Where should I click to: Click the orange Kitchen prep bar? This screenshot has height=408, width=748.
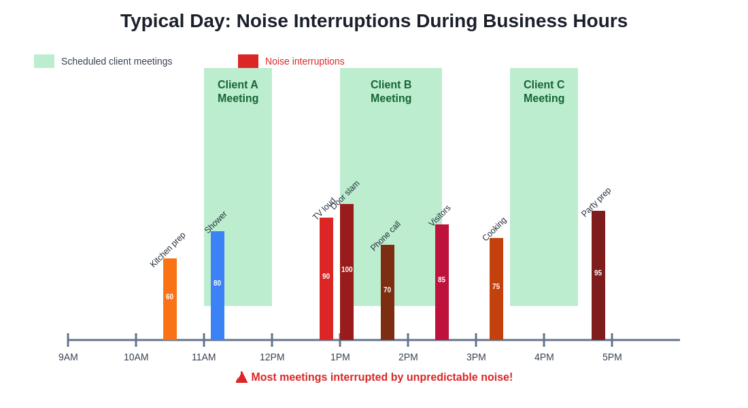[170, 299]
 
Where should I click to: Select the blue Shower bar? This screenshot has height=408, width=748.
[218, 286]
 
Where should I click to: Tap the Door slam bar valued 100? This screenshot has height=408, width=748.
[347, 272]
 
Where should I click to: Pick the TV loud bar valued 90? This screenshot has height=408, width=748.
[326, 279]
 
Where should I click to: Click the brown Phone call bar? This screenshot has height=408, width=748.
[388, 292]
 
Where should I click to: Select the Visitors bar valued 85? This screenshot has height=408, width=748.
[442, 282]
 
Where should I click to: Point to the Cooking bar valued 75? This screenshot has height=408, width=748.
[496, 289]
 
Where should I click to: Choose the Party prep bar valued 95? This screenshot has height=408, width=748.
[598, 275]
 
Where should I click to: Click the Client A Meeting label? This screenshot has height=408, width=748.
[238, 92]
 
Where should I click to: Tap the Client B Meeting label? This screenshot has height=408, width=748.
[391, 92]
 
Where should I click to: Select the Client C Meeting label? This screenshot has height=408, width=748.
[544, 92]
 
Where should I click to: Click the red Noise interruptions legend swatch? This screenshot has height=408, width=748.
[248, 61]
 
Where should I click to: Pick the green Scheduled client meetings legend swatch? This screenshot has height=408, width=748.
[44, 61]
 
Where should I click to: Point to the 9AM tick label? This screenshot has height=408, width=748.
[68, 357]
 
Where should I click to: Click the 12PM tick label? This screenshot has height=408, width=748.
[272, 357]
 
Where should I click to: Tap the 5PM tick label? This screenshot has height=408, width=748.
[612, 357]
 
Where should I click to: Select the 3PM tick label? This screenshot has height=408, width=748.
[476, 357]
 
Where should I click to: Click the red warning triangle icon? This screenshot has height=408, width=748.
[241, 377]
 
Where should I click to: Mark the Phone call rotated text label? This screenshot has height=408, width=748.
[386, 236]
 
